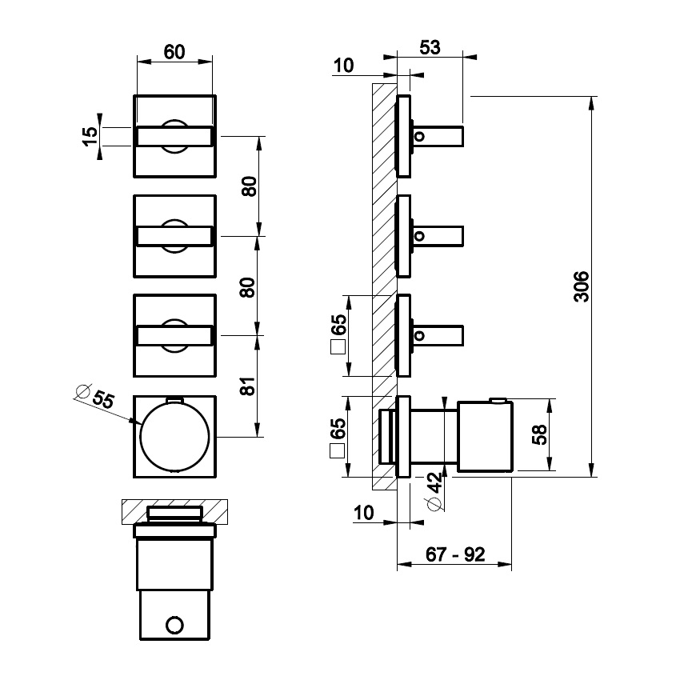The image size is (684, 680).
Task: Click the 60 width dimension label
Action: [174, 52]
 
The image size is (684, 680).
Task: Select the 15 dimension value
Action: [90, 136]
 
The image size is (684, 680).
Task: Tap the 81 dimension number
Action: [248, 386]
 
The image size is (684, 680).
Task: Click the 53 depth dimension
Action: [430, 47]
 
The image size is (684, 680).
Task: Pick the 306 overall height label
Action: [582, 286]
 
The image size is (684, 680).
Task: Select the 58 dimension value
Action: [540, 435]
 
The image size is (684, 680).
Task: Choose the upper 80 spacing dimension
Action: [248, 187]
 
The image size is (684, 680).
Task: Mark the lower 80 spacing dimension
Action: [248, 286]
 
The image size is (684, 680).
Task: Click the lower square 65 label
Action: [338, 436]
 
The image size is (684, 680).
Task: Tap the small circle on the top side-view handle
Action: [421, 136]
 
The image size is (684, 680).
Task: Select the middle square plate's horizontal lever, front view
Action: [174, 237]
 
